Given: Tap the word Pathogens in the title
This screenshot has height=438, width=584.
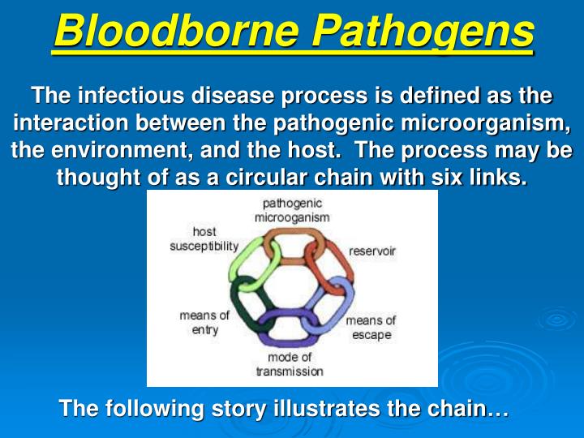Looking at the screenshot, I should pos(423,32).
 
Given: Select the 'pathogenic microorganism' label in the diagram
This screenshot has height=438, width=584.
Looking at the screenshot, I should pos(292,210).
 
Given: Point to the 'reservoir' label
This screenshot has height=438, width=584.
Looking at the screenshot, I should pos(372,251).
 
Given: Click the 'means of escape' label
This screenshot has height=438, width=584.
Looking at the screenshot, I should pos(371,328).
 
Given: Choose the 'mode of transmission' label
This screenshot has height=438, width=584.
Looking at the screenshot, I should pos(290,364).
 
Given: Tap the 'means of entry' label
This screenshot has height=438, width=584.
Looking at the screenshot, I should pos(204,323).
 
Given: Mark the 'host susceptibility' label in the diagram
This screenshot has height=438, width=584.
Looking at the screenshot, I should pos(204,238).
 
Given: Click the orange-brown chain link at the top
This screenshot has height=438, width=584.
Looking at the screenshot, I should pos(292,243).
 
